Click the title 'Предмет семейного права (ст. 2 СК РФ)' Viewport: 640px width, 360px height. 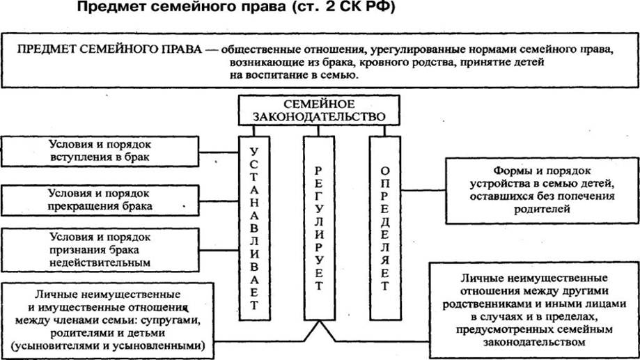(236, 8)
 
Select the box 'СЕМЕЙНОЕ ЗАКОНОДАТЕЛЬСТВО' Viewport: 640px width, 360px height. (319, 110)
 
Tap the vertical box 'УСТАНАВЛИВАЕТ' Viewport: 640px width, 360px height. (254, 228)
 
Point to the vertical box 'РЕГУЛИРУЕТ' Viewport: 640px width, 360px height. (319, 228)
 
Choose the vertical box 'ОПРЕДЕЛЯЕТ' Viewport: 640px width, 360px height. (385, 228)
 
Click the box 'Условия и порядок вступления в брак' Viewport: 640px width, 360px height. (100, 151)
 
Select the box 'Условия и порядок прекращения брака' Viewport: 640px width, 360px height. (100, 200)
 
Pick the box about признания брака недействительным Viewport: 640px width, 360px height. (100, 250)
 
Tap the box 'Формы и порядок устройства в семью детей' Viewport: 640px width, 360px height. (542, 191)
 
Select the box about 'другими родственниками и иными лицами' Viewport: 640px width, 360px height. (534, 310)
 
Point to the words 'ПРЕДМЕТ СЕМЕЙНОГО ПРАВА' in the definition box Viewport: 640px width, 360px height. (109, 49)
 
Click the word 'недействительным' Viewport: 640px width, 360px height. (100, 263)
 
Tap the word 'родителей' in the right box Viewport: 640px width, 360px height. (542, 209)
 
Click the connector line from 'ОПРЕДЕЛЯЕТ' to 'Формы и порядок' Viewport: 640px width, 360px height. (423, 190)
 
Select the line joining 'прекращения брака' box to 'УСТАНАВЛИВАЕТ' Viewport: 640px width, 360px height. (219, 201)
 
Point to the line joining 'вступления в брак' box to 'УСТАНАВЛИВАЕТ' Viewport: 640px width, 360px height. (219, 152)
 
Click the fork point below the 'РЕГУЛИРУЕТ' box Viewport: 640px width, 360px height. (319, 322)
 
